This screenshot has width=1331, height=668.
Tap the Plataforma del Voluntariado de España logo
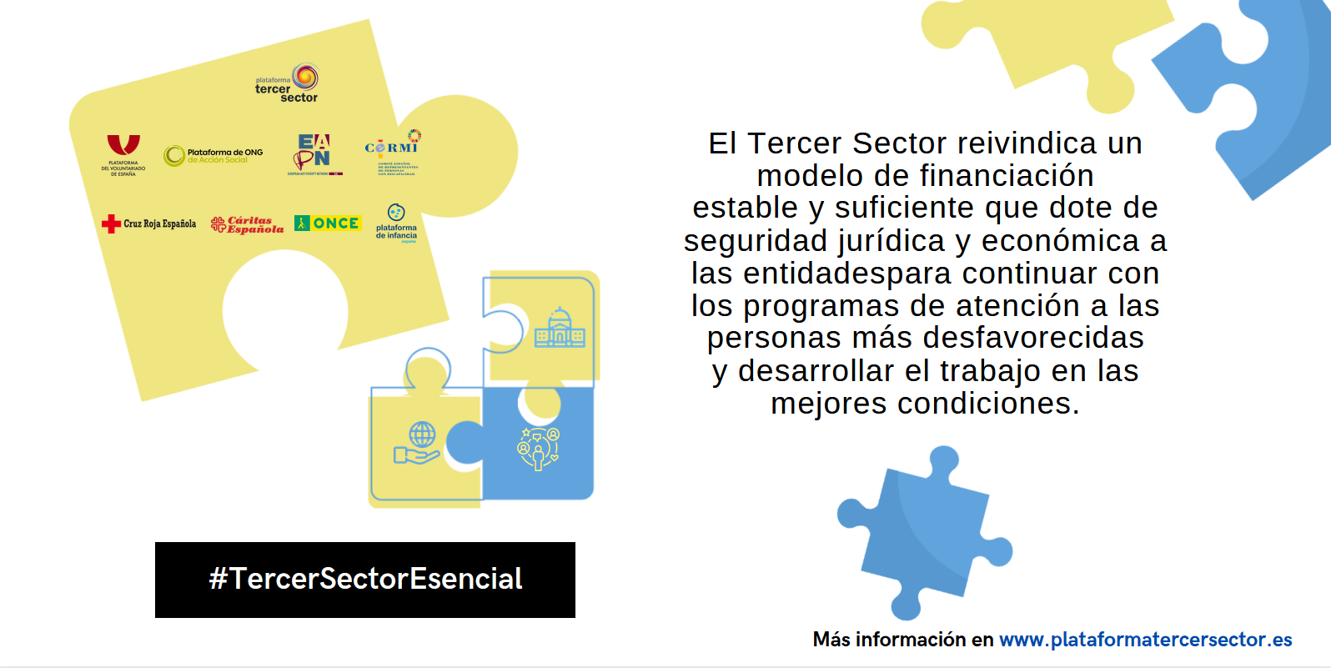point(123,155)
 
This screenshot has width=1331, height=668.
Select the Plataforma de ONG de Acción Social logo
point(213,155)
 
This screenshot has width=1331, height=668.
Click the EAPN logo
point(314,154)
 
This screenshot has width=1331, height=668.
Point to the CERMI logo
point(392,153)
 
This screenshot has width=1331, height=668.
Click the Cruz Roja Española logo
point(149,224)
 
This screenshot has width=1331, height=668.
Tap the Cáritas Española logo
point(247,224)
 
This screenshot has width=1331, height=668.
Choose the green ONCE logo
point(327,224)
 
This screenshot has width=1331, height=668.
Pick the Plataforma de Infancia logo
point(396,223)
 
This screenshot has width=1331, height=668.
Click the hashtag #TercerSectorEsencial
point(365,580)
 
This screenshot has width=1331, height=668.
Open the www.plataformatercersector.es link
point(1145,640)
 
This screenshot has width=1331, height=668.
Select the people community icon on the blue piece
point(539,449)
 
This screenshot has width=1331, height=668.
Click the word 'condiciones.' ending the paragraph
point(987,404)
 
